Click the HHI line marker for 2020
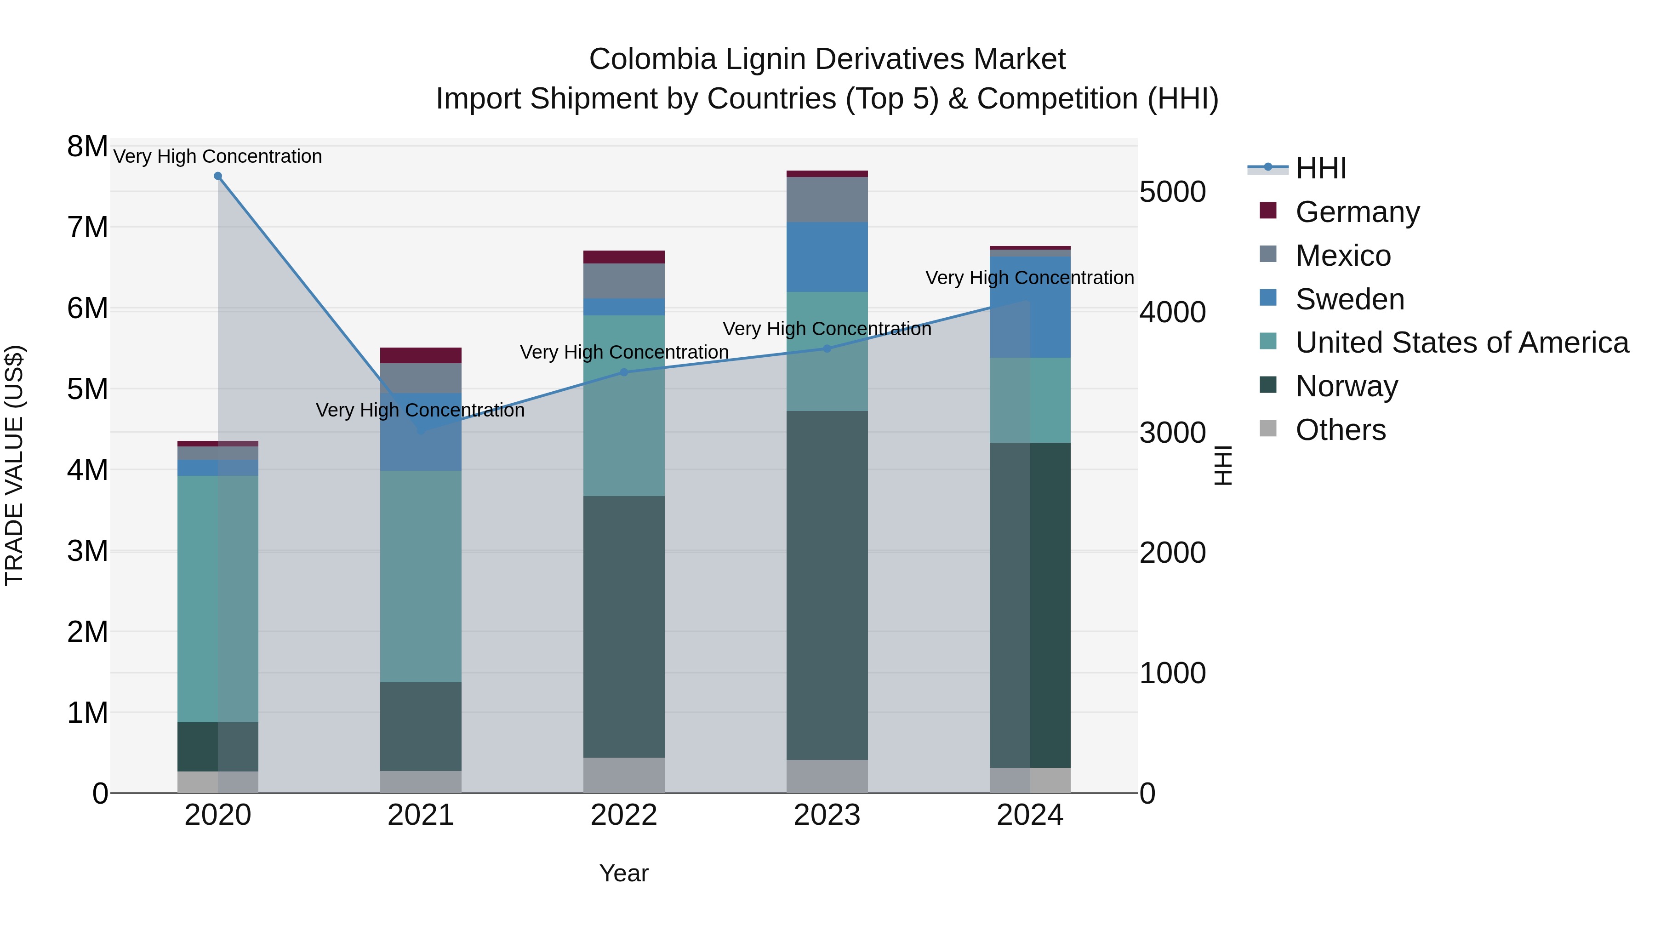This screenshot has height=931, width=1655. [x=218, y=176]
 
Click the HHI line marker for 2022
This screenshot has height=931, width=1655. [x=624, y=372]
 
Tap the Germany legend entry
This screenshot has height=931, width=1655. [x=1357, y=212]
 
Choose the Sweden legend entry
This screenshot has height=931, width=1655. [x=1349, y=299]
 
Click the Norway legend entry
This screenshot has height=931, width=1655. [x=1346, y=386]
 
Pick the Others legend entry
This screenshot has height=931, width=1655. [x=1340, y=430]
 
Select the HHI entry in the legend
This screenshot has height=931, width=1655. [x=1320, y=168]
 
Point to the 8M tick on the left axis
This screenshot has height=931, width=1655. [x=87, y=147]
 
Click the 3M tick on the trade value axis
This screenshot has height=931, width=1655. [x=87, y=551]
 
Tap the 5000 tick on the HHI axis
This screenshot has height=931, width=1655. [x=1172, y=192]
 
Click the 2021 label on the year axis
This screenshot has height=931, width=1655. [x=421, y=815]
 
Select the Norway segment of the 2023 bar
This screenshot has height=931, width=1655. [x=827, y=585]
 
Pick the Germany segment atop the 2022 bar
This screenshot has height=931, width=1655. [x=624, y=257]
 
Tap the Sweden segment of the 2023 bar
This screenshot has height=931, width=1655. [x=827, y=257]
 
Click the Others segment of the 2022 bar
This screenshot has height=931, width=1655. [x=624, y=775]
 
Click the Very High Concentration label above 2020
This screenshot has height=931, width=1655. [x=218, y=157]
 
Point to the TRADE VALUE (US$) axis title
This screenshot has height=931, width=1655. [x=14, y=465]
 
